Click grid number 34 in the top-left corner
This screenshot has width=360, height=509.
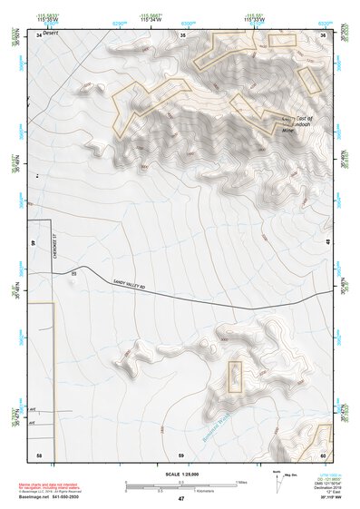[x=38, y=34]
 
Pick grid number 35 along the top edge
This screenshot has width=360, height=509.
[x=182, y=34]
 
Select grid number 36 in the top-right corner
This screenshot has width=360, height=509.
[x=324, y=34]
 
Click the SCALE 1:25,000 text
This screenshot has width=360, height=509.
[x=180, y=474]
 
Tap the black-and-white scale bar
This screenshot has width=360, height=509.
[x=180, y=485]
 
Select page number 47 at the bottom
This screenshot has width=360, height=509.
[x=180, y=499]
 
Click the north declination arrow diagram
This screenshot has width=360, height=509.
[x=277, y=478]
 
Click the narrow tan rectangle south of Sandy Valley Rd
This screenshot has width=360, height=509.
[x=235, y=376]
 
